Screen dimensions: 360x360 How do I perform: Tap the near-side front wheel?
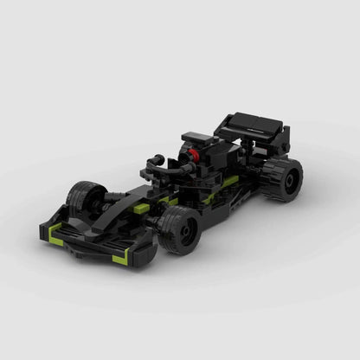[x=179, y=229]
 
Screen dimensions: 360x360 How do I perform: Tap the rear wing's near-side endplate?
[x=280, y=139]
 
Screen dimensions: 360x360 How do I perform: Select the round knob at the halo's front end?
[x=157, y=159]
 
